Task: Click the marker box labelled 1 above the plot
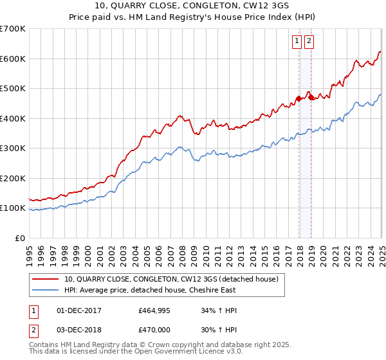297,41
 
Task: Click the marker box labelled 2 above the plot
309,41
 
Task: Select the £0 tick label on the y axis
21,238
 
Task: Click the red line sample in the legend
46,279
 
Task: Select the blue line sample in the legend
46,290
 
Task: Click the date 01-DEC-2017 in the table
80,310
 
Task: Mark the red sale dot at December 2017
299,98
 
